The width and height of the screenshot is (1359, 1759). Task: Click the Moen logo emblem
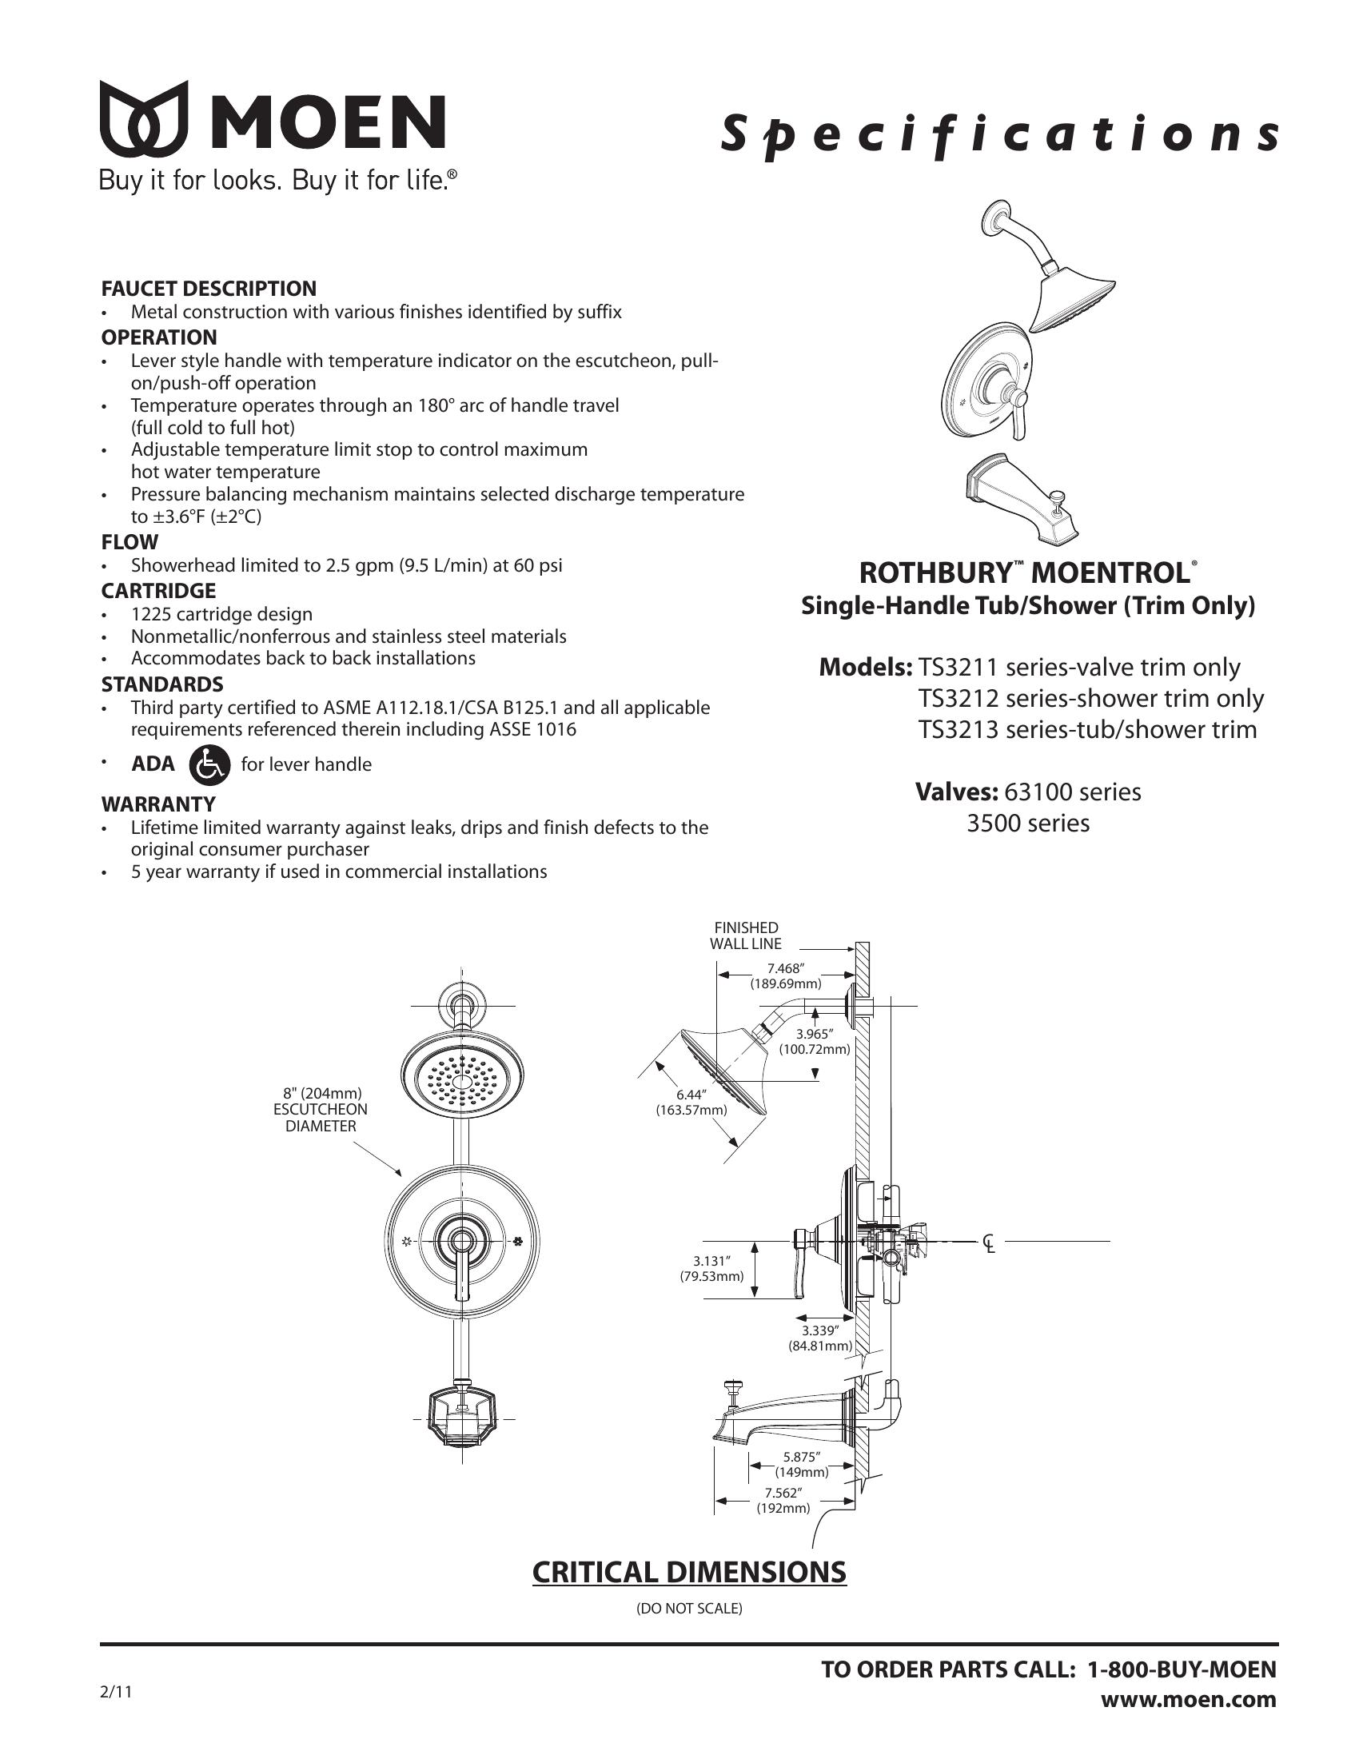(144, 118)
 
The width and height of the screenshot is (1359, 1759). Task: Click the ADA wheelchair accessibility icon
(209, 764)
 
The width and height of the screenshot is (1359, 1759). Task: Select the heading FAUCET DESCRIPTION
(209, 289)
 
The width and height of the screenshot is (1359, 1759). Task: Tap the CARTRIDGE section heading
(158, 590)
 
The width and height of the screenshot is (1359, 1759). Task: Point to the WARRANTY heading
(158, 804)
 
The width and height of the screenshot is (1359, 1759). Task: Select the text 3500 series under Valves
(1028, 823)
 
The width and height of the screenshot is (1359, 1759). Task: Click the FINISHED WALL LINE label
(746, 936)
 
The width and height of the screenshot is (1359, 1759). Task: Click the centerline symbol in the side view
(989, 1243)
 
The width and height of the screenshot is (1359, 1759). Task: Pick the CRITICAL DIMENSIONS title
(689, 1572)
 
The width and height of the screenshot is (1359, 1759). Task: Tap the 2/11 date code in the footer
(115, 1691)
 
